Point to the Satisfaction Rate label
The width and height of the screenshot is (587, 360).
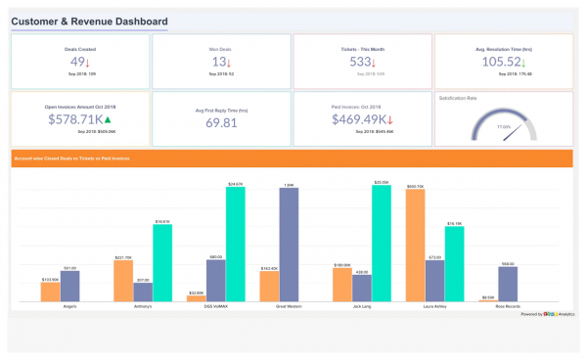tap(459, 98)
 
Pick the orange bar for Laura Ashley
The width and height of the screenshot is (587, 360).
tap(415, 247)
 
